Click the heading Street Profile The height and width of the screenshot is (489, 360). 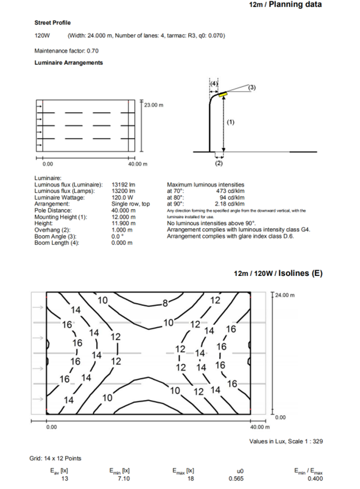coord(53,23)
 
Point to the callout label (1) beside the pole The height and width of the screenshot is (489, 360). coord(230,122)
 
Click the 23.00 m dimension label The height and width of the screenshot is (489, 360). coord(153,104)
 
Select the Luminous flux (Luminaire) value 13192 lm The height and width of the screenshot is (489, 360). coord(123,185)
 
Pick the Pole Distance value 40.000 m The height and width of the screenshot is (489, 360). coord(123,210)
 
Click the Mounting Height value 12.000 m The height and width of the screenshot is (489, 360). coord(123,217)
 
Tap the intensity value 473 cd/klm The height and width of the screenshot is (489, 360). coord(230,191)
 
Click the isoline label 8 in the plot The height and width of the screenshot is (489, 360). coord(165,303)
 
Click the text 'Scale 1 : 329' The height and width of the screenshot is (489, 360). coord(306,442)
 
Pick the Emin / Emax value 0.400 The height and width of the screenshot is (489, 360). coord(315,479)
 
